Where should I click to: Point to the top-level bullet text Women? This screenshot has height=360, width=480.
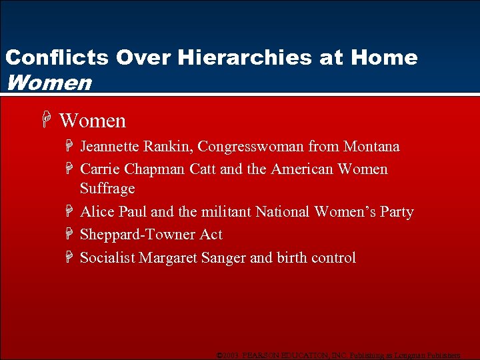[x=92, y=121]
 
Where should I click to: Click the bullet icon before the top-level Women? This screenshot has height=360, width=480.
[x=45, y=121]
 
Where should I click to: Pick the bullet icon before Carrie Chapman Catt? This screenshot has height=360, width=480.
[x=70, y=169]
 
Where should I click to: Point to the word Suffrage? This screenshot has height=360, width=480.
[x=107, y=189]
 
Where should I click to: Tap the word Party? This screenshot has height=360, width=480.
[x=397, y=212]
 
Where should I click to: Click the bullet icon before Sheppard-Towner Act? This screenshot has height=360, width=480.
[x=70, y=235]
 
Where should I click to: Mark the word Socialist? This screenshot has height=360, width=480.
[x=107, y=258]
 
